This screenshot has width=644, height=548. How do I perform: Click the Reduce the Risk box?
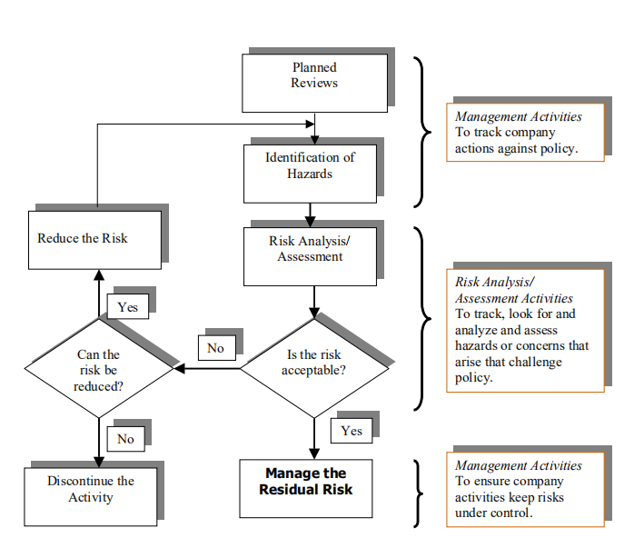tap(94, 239)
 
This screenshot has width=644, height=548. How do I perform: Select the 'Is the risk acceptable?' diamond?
tap(314, 368)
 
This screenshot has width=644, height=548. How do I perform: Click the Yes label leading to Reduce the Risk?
tap(127, 307)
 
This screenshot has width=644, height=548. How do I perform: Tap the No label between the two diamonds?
tap(215, 348)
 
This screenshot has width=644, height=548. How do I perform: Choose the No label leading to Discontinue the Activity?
tap(125, 439)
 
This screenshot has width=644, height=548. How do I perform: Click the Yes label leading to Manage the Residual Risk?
tap(351, 431)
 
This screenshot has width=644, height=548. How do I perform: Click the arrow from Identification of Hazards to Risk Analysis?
tap(311, 214)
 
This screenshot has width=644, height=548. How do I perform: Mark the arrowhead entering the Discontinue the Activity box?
tap(97, 460)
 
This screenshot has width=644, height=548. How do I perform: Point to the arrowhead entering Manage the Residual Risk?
tap(314, 452)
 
